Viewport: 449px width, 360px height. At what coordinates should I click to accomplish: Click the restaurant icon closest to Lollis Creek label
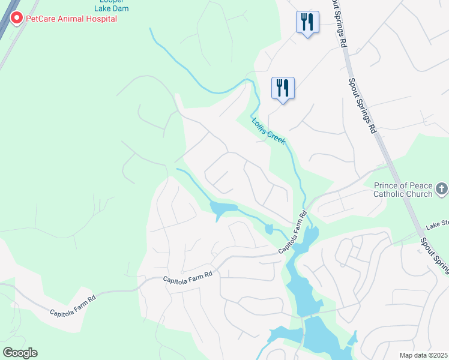(x=282, y=88)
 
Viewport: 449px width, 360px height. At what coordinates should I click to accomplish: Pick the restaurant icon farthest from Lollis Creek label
(x=307, y=23)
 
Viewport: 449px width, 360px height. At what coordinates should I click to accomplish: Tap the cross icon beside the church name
(x=441, y=190)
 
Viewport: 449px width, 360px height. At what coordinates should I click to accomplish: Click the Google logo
(x=20, y=352)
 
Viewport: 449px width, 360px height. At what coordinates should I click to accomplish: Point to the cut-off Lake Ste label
(x=437, y=224)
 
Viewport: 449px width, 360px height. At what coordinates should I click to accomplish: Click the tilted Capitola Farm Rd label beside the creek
(x=292, y=232)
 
